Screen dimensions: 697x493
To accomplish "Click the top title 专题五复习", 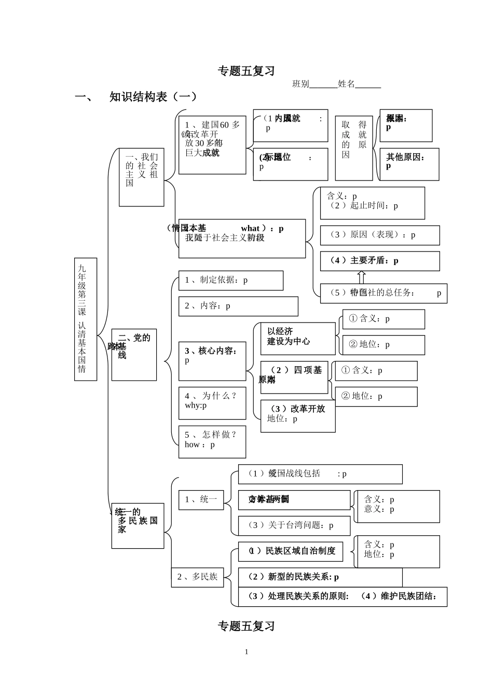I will coord(246,71).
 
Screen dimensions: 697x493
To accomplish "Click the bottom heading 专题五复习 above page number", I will coord(246,626).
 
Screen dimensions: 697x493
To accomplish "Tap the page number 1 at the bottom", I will coord(246,652).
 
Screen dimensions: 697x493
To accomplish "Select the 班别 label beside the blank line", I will coord(300,84).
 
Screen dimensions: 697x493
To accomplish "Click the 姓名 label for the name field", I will coord(346,84).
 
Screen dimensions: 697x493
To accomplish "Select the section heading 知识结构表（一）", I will coord(153,97).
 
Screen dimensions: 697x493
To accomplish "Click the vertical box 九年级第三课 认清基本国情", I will coord(86,319).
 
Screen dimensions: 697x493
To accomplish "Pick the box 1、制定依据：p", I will coord(230,281).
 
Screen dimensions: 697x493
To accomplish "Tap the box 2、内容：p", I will coord(238,306).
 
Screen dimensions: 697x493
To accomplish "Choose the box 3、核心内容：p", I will coord(212,361).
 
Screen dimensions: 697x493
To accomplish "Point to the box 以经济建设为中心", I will coord(297,338).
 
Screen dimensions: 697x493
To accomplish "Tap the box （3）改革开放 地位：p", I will coord(297,416).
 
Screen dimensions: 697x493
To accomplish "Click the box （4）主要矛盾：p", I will coord(379,261).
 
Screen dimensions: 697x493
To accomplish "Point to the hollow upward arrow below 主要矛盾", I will coord(361,277).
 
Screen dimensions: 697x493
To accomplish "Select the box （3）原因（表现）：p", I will coord(379,235).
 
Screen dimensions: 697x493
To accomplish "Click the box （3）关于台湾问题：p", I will coord(294,526).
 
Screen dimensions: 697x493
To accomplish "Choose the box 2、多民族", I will coord(197,577).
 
